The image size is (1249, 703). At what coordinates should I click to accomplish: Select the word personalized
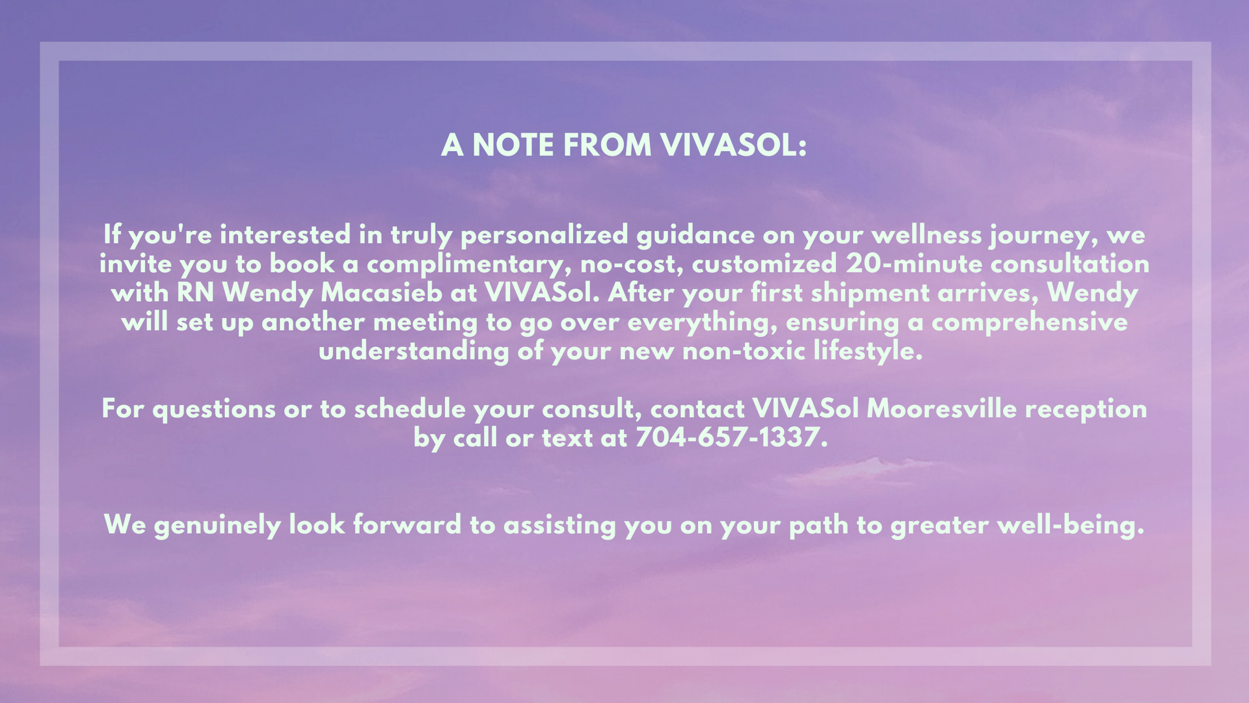tap(544, 236)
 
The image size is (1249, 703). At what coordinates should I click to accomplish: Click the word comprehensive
tap(1030, 323)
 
